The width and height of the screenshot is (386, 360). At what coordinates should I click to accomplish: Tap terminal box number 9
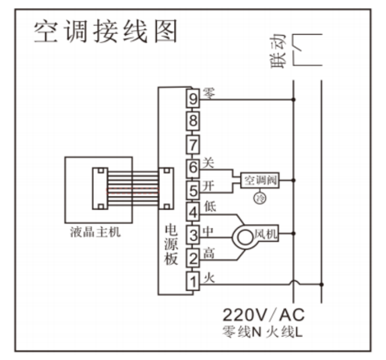[x=192, y=99]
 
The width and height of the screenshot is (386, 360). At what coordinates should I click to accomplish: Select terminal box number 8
[x=192, y=121]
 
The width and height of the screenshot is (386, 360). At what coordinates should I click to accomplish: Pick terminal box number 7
[x=192, y=144]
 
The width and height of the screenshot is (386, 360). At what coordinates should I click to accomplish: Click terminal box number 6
[x=192, y=167]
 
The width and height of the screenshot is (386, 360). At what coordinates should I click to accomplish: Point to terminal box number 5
[x=192, y=189]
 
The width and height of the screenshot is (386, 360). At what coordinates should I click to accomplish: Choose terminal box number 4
[x=192, y=211]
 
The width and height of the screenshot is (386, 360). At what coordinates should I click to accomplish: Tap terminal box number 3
[x=192, y=234]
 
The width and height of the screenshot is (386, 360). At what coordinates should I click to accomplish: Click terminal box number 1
[x=192, y=281]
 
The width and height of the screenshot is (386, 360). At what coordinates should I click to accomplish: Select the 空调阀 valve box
[x=260, y=180]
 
